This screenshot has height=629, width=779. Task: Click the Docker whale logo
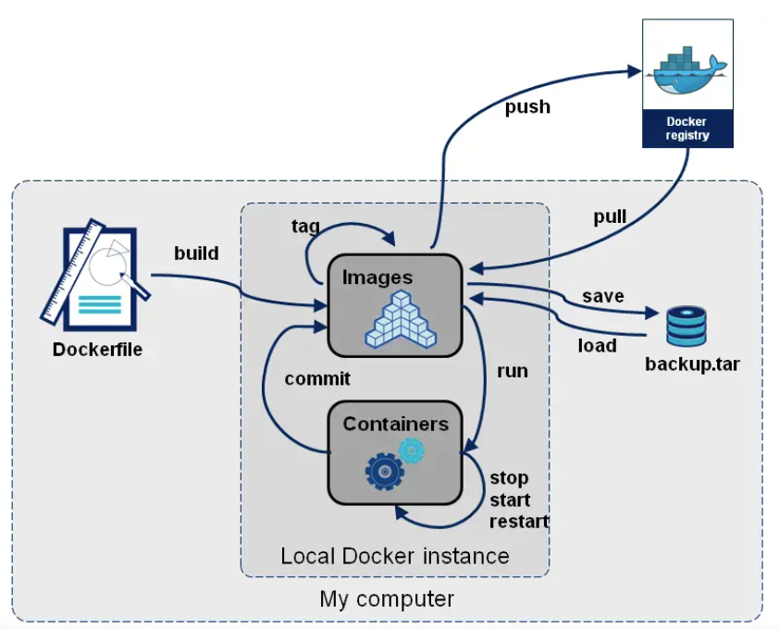coord(688,73)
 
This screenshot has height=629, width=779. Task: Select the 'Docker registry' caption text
coord(688,129)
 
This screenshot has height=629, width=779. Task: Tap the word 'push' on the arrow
coord(527,107)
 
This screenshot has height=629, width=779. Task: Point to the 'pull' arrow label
coord(610,217)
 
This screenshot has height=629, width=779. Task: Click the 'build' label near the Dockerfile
coord(196,253)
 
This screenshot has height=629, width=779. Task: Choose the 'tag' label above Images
coord(306,226)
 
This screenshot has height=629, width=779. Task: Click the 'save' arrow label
coord(602,297)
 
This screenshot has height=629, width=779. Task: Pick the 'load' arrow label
coord(597,345)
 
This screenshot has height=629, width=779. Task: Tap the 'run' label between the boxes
coord(513,371)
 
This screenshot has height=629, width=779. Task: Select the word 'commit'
coord(317,378)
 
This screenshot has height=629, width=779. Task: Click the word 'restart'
coord(519,521)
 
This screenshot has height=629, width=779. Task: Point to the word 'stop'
coord(509,478)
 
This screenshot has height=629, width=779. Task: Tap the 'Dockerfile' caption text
coord(97,350)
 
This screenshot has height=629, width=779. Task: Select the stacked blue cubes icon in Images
coord(399,320)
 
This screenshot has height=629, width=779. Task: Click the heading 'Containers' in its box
coord(395,425)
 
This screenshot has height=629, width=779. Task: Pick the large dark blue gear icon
coord(384,471)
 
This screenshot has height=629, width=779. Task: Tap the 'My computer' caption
coord(387,598)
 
